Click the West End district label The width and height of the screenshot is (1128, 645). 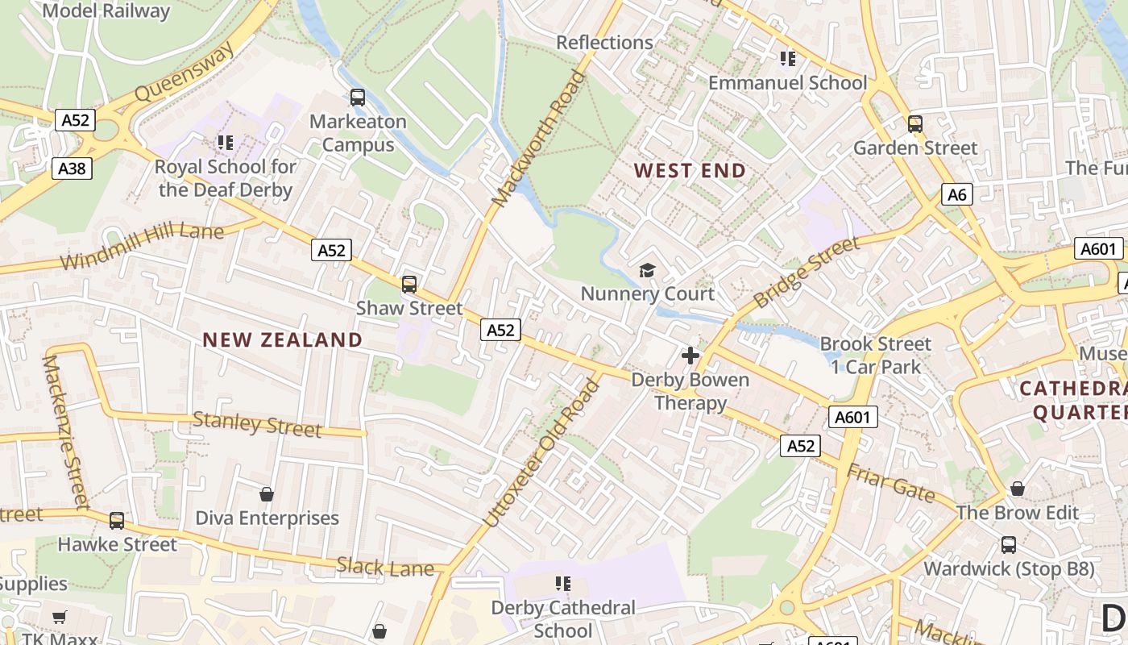690,171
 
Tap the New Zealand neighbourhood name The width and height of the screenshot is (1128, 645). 282,339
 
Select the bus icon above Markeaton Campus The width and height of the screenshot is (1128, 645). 358,98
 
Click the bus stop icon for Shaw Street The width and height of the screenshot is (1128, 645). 409,285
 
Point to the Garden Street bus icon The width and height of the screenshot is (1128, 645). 915,124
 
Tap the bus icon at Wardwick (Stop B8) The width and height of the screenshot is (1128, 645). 1009,545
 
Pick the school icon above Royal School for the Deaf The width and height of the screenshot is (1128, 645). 226,143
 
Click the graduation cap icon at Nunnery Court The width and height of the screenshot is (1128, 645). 647,270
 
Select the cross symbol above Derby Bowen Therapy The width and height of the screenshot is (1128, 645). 690,355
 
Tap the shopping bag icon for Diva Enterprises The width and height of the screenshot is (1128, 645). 267,493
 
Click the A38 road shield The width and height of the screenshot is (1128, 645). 73,169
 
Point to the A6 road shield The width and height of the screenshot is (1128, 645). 956,194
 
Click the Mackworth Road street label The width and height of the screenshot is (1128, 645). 541,139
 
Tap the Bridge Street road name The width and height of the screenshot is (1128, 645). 807,273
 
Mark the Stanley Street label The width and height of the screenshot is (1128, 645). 257,424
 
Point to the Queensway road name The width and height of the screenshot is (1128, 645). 185,71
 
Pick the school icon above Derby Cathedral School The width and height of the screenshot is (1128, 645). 563,583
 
